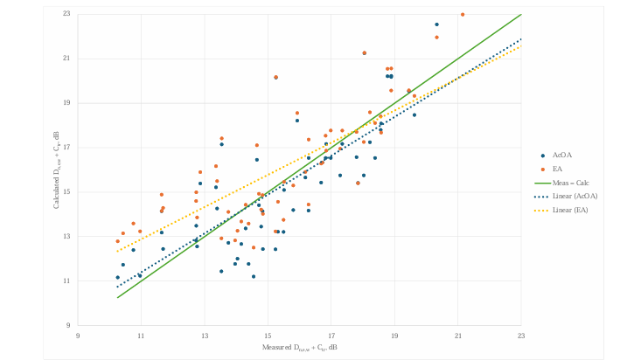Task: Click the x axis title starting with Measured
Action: (x=299, y=348)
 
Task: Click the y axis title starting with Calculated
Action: (x=58, y=170)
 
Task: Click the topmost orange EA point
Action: (x=463, y=14)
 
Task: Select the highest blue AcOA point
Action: (x=437, y=24)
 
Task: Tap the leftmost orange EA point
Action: (x=117, y=241)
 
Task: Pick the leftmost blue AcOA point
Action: (x=117, y=277)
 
